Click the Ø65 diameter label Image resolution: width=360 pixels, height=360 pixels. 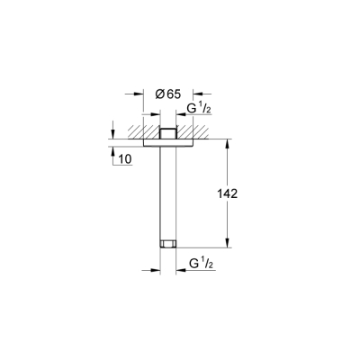[166, 94]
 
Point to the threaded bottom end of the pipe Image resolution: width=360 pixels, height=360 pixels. [166, 241]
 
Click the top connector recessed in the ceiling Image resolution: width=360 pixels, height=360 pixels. [166, 131]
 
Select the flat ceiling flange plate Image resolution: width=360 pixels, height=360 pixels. [166, 140]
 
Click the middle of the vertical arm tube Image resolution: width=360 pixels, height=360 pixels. [166, 189]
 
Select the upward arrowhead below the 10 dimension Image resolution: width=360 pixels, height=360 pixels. [111, 148]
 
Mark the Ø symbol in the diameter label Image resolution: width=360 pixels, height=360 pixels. [159, 94]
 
